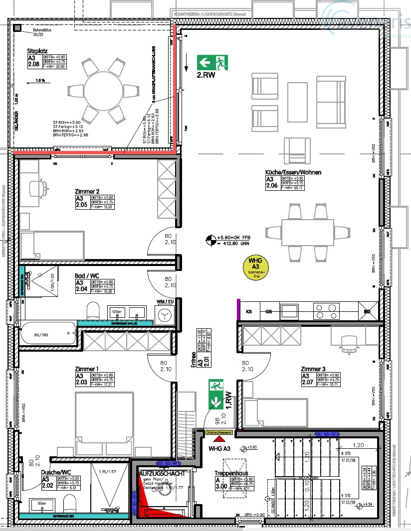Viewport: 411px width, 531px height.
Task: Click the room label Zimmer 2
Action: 87,191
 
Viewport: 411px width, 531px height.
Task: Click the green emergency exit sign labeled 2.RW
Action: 212,62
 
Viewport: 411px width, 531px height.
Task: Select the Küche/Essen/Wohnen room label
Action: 293,172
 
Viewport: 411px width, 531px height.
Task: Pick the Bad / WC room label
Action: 87,275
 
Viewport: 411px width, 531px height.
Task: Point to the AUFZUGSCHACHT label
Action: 162,473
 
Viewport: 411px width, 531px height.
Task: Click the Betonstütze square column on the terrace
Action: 17,28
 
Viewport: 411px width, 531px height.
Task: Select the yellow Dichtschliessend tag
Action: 219,433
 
